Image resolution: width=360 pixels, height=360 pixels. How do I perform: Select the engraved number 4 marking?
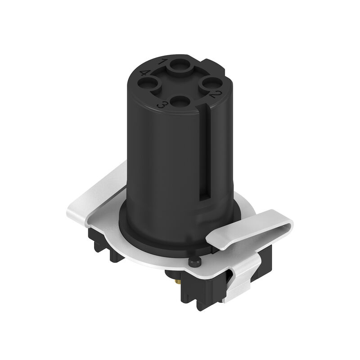click(x=145, y=73)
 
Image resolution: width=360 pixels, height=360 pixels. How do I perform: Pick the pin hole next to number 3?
click(x=180, y=101)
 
